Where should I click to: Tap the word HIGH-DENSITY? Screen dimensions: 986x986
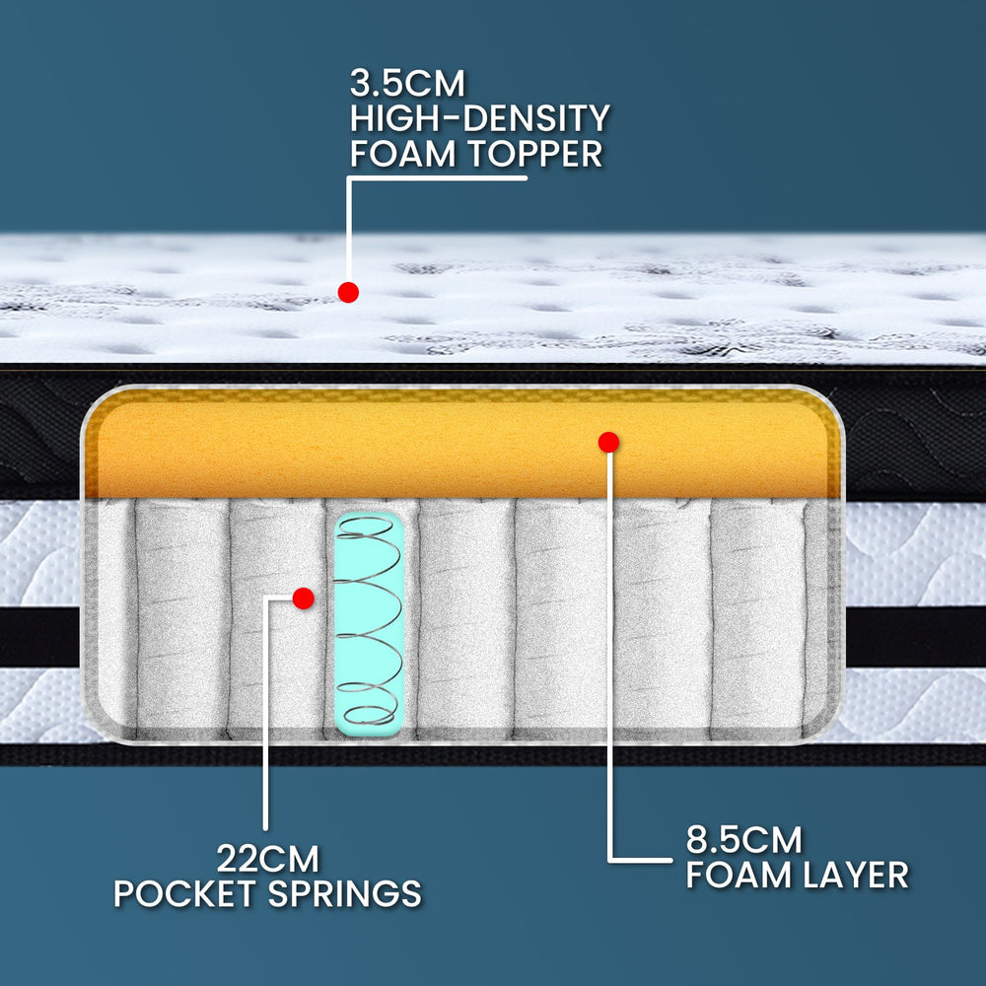click(479, 119)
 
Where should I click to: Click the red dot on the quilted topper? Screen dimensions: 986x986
click(347, 292)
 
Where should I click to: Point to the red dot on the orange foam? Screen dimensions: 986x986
click(608, 443)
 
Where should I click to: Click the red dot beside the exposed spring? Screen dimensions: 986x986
click(304, 598)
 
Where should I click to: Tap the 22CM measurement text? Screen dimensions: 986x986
click(267, 859)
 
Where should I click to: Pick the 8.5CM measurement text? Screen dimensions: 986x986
click(743, 841)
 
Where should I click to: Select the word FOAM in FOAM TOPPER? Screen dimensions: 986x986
click(397, 155)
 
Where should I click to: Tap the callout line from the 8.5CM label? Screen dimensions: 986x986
click(609, 690)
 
